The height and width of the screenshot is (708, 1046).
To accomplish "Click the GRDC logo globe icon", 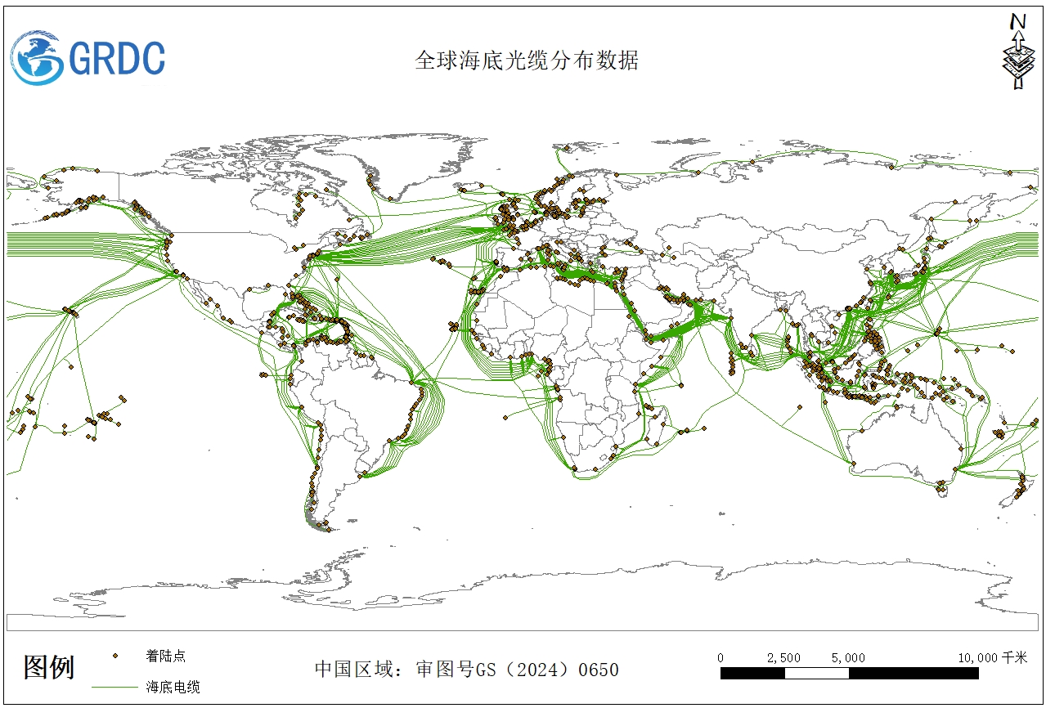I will pyautogui.click(x=37, y=57).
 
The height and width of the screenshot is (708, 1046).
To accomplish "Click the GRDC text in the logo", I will pyautogui.click(x=117, y=59).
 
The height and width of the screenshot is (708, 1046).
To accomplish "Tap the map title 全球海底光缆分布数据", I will pyautogui.click(x=526, y=60).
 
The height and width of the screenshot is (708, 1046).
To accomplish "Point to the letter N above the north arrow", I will pyautogui.click(x=1018, y=21).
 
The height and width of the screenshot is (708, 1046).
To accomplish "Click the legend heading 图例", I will pyautogui.click(x=49, y=667).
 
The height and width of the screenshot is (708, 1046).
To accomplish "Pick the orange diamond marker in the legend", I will pyautogui.click(x=115, y=656).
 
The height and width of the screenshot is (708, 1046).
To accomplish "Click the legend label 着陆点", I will pyautogui.click(x=165, y=656).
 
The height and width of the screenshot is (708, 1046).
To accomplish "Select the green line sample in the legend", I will pyautogui.click(x=114, y=687).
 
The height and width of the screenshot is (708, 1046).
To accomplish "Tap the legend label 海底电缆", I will pyautogui.click(x=173, y=687).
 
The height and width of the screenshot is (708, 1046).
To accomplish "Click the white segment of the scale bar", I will pyautogui.click(x=816, y=674).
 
